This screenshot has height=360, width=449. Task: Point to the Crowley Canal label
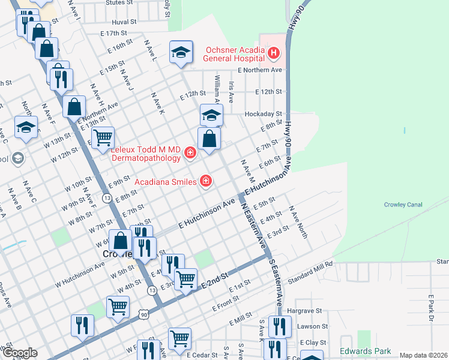pos(403,205)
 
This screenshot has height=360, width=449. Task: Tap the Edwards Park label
pos(365,351)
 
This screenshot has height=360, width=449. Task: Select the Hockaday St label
pos(263,113)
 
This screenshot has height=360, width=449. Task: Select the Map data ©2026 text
pos(423,355)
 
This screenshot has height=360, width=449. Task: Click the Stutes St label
pos(119,2)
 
